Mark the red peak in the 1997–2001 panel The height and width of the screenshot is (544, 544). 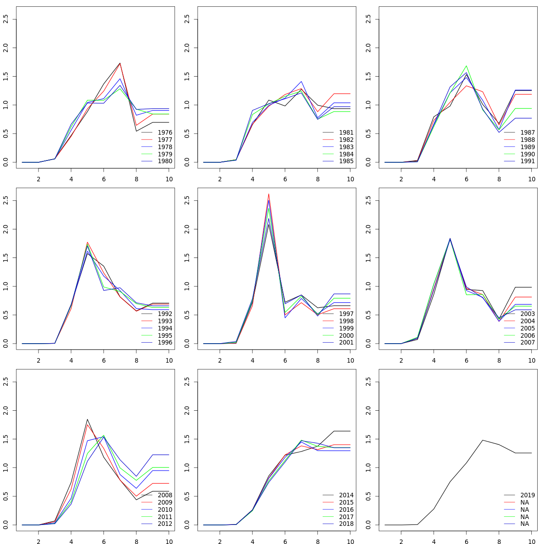[x=269, y=194]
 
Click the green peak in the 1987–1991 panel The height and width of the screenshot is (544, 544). [x=466, y=66]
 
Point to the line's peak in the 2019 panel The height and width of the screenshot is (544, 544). [x=483, y=440]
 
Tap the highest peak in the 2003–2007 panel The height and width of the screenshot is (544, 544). [x=450, y=238]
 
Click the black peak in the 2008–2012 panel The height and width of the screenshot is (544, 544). [x=87, y=419]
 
